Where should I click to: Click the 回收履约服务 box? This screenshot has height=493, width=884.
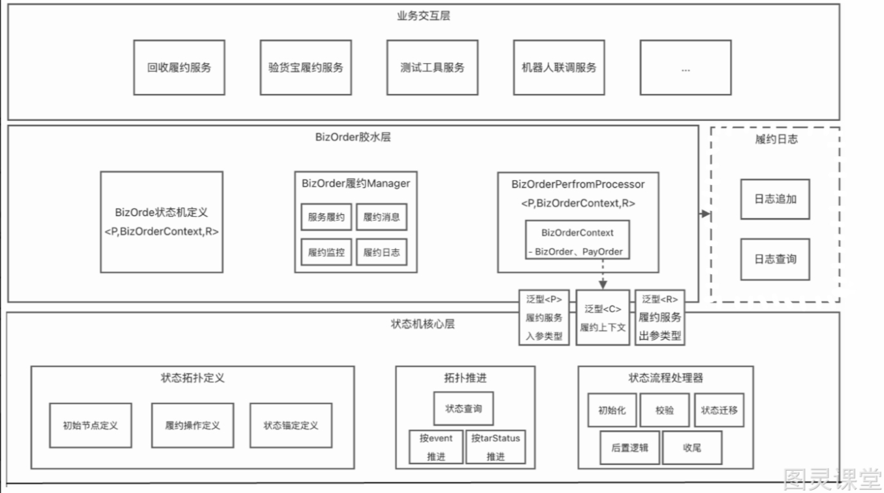(179, 67)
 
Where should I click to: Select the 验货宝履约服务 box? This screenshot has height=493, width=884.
(306, 67)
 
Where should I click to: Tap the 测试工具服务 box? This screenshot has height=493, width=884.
(432, 67)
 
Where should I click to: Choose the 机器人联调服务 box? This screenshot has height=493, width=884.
(559, 67)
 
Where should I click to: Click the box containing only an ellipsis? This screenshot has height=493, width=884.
(686, 67)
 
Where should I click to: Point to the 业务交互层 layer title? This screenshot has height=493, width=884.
(424, 16)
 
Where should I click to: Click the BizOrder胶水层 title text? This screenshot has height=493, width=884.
(353, 137)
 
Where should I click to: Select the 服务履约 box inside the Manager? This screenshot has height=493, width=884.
(326, 217)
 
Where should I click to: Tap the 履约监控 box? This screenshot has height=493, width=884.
(326, 252)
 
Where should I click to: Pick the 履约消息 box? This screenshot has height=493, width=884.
(382, 217)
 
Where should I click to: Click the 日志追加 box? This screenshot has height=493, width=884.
(775, 199)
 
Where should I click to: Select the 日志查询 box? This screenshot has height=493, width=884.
(775, 259)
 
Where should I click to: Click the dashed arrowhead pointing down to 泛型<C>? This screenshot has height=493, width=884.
(603, 285)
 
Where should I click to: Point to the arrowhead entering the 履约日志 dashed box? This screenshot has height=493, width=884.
(706, 214)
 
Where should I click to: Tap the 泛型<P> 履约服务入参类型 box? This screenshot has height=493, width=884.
(544, 318)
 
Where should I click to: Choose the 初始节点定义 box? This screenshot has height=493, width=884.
(90, 426)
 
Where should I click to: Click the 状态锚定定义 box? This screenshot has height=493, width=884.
(291, 426)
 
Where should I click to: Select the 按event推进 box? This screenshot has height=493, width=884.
(436, 447)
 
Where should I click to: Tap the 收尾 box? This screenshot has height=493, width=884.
(692, 448)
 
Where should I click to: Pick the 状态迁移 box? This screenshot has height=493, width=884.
(719, 410)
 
